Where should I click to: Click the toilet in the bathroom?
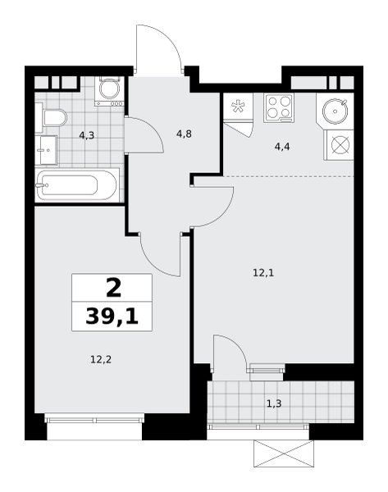(55, 118)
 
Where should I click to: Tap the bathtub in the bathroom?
(77, 185)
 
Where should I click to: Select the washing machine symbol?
(109, 91)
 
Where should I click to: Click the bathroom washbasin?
(45, 150)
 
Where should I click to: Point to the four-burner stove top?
(279, 108)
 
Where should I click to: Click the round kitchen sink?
(336, 111)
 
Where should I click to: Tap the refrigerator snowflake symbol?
(238, 106)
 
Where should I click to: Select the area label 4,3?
(87, 136)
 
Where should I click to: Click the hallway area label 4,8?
(184, 134)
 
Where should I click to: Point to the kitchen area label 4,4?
(282, 147)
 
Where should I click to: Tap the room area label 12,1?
(263, 273)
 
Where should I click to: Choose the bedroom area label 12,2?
(101, 359)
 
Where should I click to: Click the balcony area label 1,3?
(274, 403)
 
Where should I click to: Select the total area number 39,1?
(112, 317)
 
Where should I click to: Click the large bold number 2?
(113, 288)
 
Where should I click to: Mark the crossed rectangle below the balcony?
(284, 453)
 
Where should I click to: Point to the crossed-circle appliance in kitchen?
(340, 146)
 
